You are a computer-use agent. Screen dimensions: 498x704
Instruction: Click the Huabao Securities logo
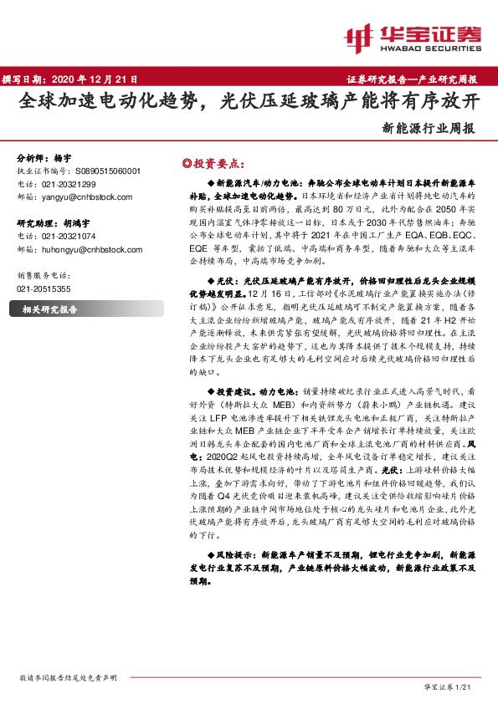click(413, 35)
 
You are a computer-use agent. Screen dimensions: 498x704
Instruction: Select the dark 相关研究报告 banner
click(66, 309)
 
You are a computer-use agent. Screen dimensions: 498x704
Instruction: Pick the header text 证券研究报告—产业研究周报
click(412, 79)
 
